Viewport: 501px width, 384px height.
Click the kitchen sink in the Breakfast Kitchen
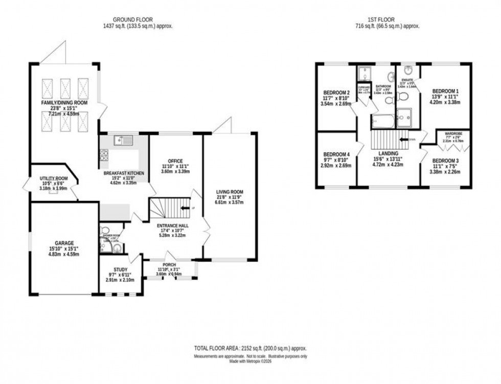point(123,139)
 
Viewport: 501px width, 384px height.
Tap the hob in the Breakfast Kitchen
point(104,154)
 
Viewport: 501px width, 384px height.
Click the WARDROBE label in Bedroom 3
point(453,137)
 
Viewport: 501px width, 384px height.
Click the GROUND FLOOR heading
point(136,20)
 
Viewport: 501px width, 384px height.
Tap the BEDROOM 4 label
point(336,154)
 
